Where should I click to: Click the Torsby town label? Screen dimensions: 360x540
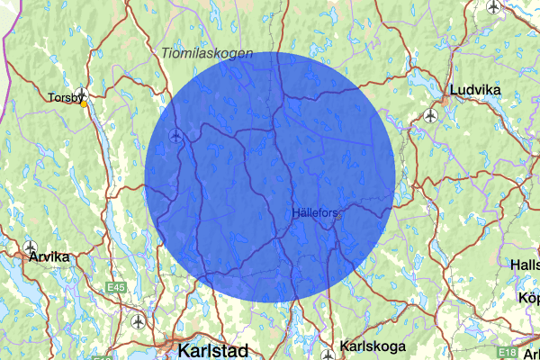[x=66, y=97]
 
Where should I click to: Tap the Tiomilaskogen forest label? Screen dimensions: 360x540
[x=208, y=54]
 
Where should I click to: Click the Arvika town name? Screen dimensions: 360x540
[x=49, y=256]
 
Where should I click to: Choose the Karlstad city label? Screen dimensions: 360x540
[x=213, y=348]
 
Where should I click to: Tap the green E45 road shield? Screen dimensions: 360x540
[x=115, y=287]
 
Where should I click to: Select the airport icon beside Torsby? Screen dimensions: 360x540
[x=82, y=93]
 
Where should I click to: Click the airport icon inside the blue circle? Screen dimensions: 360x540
[x=175, y=136]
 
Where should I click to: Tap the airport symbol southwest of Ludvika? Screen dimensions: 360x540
[x=430, y=116]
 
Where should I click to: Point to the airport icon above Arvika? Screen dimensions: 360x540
[x=31, y=247]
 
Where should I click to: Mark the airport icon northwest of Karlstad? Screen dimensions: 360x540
[x=137, y=320]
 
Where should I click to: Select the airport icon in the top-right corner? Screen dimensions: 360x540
[x=492, y=7]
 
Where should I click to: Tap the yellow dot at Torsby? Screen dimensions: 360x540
[x=84, y=103]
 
